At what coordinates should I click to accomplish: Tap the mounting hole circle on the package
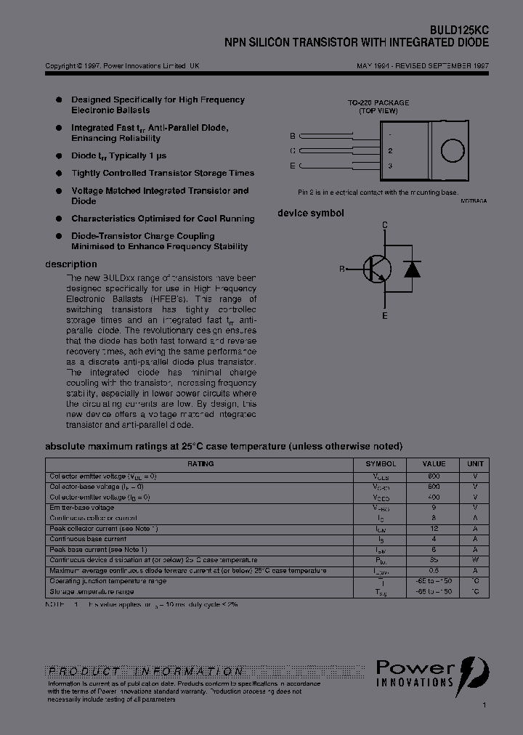[x=453, y=150]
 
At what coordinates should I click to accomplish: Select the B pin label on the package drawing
[x=293, y=136]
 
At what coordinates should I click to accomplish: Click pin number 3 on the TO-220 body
[x=390, y=166]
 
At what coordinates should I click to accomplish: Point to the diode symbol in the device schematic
[x=413, y=269]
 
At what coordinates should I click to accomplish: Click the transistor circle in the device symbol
[x=377, y=269]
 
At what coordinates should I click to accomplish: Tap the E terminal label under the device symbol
[x=385, y=316]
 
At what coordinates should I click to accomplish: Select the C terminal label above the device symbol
[x=385, y=225]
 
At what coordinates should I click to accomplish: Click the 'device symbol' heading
[x=311, y=213]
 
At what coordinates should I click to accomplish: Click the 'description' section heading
[x=71, y=264]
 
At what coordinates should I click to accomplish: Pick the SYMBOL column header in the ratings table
[x=381, y=463]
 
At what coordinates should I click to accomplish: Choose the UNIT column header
[x=475, y=463]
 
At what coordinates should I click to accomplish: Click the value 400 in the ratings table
[x=434, y=498]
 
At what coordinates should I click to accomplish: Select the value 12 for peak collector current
[x=434, y=529]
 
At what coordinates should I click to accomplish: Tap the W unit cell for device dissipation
[x=475, y=560]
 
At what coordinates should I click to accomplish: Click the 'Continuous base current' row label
[x=88, y=540]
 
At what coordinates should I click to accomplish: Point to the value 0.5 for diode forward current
[x=434, y=571]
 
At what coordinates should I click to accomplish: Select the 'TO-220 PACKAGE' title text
[x=378, y=103]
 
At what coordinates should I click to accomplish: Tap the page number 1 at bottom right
[x=485, y=705]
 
